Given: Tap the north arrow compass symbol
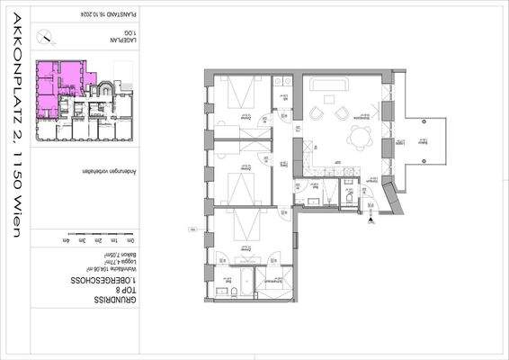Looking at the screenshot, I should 45,37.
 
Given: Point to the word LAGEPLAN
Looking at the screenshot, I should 125,41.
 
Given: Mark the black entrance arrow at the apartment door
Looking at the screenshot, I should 371,220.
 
